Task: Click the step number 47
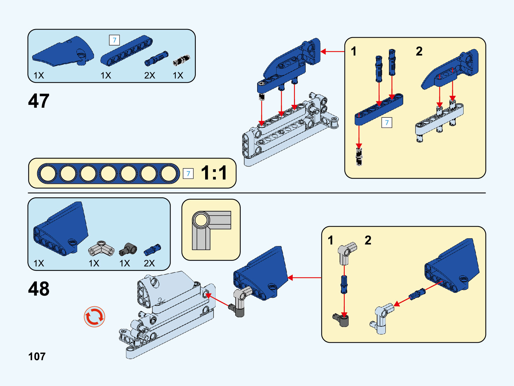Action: [39, 101]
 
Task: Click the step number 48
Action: [39, 289]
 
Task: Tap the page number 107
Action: [37, 356]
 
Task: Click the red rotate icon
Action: [94, 317]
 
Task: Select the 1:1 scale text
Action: [214, 173]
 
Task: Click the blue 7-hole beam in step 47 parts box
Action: [126, 51]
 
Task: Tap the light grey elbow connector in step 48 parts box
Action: [101, 248]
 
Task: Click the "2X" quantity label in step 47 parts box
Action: [150, 75]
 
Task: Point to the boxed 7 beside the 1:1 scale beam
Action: [188, 173]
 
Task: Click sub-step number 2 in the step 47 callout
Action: [419, 51]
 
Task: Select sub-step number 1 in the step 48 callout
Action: [330, 240]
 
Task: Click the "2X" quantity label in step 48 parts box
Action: [149, 263]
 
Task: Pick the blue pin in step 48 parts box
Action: [152, 249]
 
